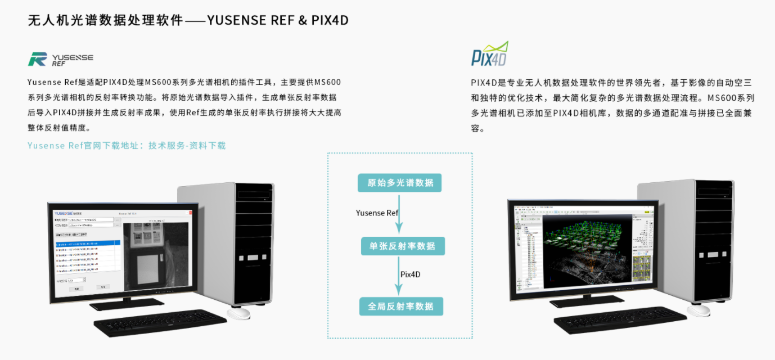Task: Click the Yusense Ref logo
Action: click(60, 58)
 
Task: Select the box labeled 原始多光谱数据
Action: click(400, 183)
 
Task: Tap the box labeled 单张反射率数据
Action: click(402, 246)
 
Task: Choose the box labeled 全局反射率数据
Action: click(401, 306)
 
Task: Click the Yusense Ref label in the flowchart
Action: click(377, 213)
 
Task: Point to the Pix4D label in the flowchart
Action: click(410, 274)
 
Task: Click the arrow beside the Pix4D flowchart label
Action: click(399, 276)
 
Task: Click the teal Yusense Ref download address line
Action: click(127, 146)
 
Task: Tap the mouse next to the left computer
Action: click(238, 313)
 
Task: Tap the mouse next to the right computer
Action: click(699, 310)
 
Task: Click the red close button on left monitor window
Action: click(190, 213)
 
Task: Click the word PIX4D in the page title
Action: click(330, 20)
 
